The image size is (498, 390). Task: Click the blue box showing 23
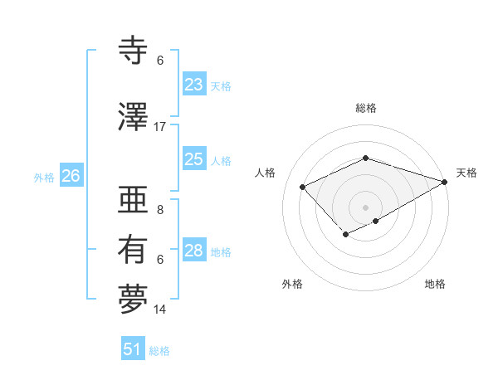(193, 85)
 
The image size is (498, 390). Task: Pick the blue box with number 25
(193, 160)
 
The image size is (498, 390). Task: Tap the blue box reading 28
(193, 251)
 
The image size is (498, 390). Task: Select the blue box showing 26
(71, 176)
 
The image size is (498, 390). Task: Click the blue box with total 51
(132, 349)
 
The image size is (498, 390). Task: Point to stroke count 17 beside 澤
(160, 127)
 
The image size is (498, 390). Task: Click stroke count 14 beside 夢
(160, 310)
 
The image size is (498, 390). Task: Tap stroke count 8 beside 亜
(160, 211)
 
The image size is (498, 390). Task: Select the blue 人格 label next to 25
(221, 161)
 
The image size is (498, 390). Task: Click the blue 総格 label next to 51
(159, 351)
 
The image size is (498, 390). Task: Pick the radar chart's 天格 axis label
(467, 173)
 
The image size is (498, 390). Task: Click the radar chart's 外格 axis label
(292, 284)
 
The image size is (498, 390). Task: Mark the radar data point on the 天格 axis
(446, 182)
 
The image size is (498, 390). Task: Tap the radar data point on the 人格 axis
(303, 187)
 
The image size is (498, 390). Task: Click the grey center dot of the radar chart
(365, 207)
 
